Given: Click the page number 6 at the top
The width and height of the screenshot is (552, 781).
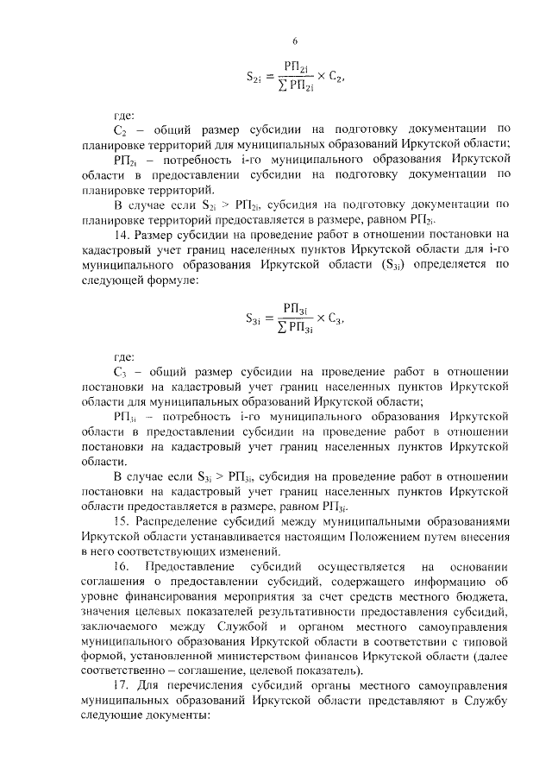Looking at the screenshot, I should [x=295, y=41].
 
